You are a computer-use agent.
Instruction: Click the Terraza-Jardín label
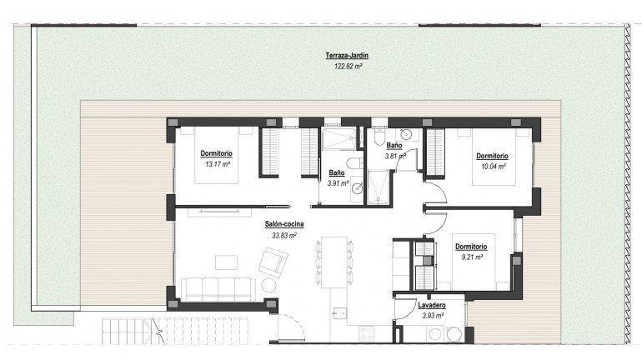[347, 56]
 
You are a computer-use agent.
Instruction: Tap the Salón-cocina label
[283, 225]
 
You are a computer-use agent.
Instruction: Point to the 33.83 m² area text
[283, 235]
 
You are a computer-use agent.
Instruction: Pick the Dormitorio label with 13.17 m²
[217, 154]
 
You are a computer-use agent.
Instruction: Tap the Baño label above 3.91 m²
[337, 172]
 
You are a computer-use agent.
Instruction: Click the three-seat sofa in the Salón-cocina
[218, 288]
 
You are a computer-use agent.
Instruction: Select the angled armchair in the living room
[272, 265]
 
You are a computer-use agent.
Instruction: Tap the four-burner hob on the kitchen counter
[368, 332]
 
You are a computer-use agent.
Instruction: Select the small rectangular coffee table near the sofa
[226, 262]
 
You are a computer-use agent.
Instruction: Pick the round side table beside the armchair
[268, 285]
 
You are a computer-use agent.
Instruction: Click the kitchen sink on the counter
[339, 314]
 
